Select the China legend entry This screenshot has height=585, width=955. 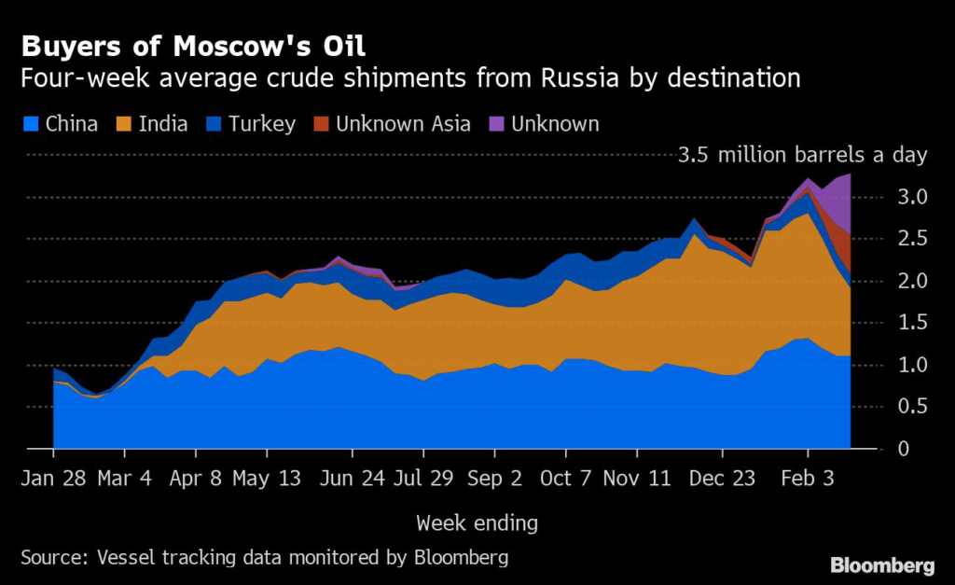click(x=59, y=124)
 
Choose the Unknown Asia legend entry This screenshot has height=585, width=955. click(x=392, y=124)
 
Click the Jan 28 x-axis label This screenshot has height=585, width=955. click(x=53, y=479)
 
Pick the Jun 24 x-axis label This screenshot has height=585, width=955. click(x=352, y=479)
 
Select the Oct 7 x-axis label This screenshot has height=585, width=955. click(x=566, y=479)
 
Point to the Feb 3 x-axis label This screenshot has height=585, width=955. click(x=807, y=479)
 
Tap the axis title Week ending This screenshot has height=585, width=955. click(x=477, y=522)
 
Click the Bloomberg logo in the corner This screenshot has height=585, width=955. click(x=882, y=564)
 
